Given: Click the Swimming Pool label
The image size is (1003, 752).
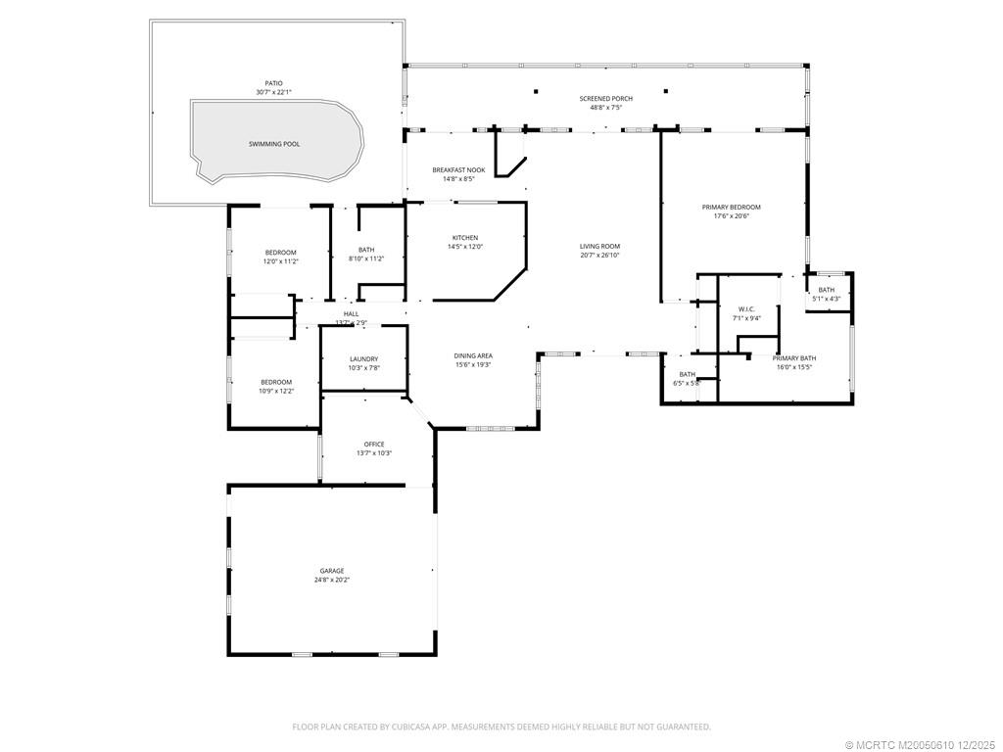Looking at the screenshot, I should [x=274, y=144].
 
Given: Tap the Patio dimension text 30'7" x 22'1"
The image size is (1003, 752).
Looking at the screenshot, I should [x=274, y=92].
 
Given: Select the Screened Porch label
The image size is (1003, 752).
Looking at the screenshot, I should [x=605, y=99].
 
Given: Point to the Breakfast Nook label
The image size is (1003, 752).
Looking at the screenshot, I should [x=458, y=170].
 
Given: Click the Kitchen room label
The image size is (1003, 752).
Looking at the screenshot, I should [x=464, y=238].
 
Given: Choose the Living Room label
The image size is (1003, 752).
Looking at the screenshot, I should [x=599, y=247].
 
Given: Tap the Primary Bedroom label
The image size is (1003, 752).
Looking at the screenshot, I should [x=731, y=208].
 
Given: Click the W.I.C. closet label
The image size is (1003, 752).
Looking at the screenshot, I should [x=746, y=309].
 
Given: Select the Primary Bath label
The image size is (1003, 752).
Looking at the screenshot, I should [x=793, y=358].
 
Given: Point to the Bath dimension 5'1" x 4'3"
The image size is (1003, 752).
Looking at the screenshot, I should [x=827, y=298].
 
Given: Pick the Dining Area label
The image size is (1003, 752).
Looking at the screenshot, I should [x=472, y=355].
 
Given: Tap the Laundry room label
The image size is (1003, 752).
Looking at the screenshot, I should [x=363, y=359].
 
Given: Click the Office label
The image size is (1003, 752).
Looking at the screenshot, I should [x=374, y=445].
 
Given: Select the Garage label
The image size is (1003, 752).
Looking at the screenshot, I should [x=332, y=571].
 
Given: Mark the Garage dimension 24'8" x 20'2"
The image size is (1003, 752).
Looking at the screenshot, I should [x=332, y=580].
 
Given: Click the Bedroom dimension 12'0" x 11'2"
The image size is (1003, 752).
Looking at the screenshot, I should [x=279, y=261].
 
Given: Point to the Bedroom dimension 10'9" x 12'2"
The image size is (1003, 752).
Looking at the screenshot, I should [x=275, y=391].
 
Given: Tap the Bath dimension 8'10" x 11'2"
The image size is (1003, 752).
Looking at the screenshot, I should [x=366, y=258].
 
